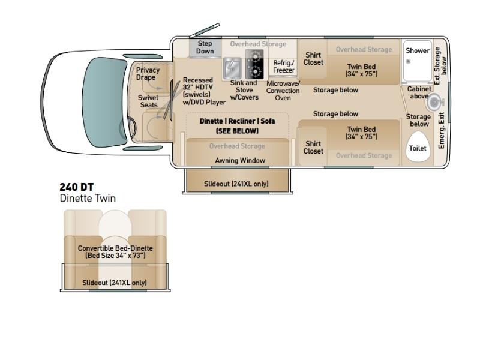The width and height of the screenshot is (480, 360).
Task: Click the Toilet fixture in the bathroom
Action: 418,146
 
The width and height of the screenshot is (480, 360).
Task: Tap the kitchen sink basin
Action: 232,68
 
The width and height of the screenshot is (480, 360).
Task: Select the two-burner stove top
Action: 254,64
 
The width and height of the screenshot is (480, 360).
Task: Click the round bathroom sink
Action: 434,102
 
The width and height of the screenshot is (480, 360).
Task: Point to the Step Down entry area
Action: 205,47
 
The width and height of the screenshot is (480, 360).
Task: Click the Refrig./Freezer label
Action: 283,67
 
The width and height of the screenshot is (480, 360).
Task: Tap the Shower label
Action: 418,50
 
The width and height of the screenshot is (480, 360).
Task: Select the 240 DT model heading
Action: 77,187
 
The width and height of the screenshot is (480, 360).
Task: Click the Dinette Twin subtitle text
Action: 88,199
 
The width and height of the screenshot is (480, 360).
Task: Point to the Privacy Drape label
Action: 148,73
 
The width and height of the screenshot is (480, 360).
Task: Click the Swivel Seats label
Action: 148,101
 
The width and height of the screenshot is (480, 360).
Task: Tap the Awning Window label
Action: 240,160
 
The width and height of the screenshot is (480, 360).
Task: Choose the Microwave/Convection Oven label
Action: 283,91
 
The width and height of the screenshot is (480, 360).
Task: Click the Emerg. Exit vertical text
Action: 441,131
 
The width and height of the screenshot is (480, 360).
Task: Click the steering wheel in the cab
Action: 133,127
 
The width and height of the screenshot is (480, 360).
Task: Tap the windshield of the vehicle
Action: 104,102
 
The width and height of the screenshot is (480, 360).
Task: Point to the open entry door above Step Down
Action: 205,30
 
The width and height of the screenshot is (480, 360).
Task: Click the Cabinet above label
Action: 419,92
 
